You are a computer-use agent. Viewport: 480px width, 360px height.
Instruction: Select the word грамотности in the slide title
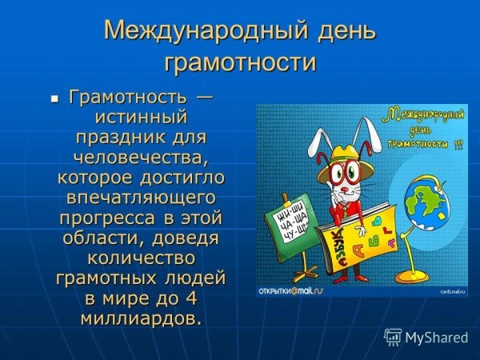240,62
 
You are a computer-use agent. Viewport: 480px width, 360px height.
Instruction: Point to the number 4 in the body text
193,298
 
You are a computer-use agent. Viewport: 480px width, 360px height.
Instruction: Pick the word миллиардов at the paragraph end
140,318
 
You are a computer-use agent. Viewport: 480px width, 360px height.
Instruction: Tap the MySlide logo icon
393,337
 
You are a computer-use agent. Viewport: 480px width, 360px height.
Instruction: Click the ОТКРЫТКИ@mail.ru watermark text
288,290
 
